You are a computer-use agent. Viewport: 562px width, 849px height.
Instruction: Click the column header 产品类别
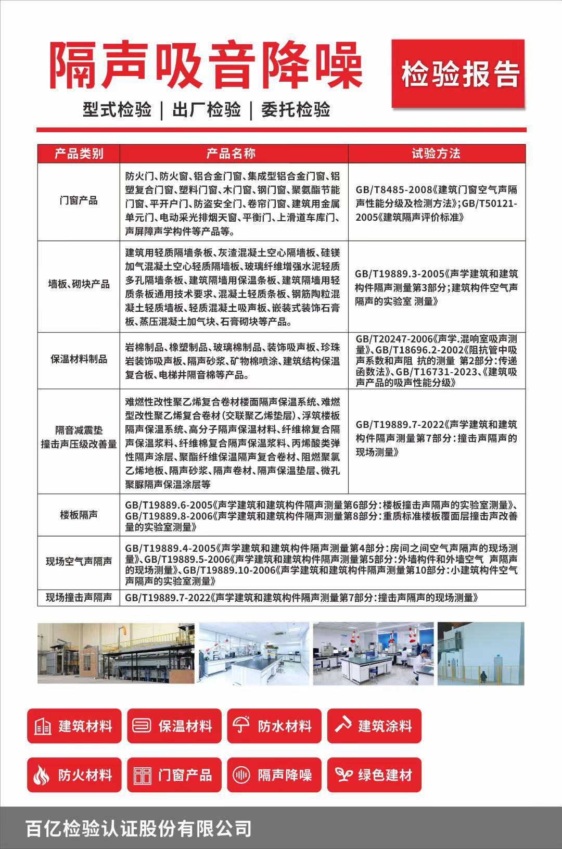click(79, 154)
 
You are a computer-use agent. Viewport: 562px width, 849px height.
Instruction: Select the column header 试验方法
click(436, 154)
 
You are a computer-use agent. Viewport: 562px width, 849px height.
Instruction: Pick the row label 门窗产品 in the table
click(79, 201)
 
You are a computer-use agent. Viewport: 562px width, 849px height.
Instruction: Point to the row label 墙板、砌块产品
click(79, 284)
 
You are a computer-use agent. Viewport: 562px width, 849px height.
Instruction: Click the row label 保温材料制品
click(79, 359)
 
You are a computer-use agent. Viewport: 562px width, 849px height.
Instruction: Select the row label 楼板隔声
click(79, 515)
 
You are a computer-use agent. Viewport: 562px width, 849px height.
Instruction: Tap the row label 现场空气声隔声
click(79, 562)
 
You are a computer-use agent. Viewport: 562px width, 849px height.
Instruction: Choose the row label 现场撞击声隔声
click(79, 598)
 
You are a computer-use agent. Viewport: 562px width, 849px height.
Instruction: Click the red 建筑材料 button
click(74, 726)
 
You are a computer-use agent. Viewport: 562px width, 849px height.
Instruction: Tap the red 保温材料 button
click(174, 726)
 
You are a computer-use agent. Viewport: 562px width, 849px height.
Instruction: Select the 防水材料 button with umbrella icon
click(274, 726)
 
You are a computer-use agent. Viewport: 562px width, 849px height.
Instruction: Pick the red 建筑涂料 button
click(374, 726)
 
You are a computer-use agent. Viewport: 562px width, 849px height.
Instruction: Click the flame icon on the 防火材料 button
click(42, 776)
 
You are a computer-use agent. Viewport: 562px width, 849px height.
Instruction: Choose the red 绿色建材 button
click(374, 775)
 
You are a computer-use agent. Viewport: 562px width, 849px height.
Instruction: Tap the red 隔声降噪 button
click(274, 775)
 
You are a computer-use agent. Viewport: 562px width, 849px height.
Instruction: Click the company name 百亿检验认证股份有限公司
click(139, 828)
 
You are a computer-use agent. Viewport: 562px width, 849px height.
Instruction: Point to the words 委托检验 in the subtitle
click(296, 110)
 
